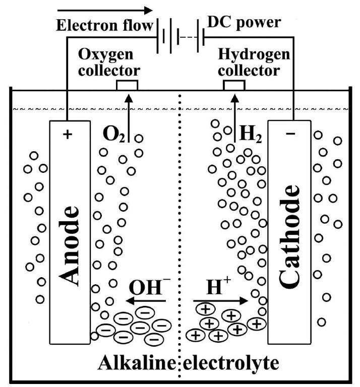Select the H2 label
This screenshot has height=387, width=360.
(250, 135)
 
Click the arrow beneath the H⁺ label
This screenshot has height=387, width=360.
(220, 301)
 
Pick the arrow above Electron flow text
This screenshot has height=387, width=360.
(104, 10)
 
